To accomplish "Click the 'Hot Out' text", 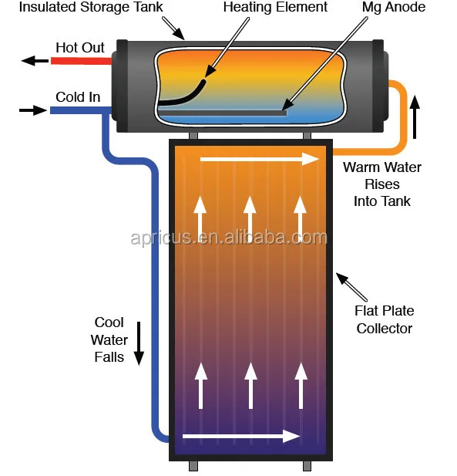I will point(80,48).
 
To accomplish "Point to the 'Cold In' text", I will point(78,97).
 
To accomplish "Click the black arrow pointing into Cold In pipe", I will point(32,110).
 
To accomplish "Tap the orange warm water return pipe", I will point(401,116).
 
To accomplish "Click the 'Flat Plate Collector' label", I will point(384,319).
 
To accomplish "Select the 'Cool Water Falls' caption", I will point(109,339).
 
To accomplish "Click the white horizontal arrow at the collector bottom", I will point(241,437).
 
